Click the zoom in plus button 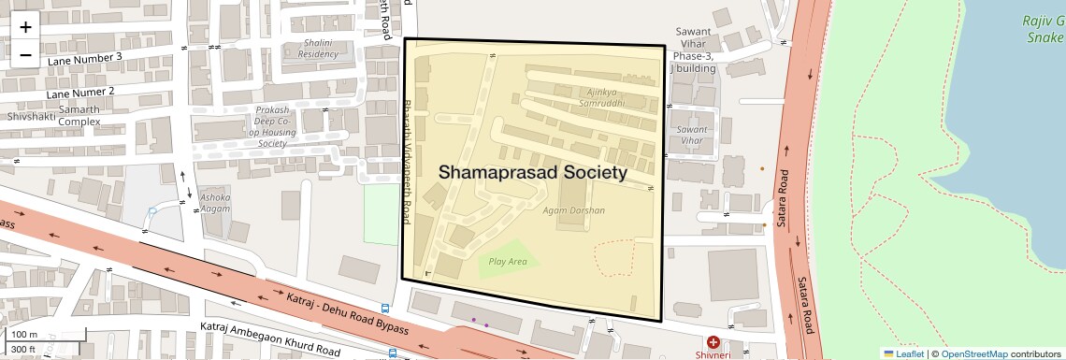25,26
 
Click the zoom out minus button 25,54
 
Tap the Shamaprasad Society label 532,173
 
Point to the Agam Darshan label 574,210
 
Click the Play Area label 508,262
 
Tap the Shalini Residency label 318,48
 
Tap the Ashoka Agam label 214,203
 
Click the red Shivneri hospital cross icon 713,343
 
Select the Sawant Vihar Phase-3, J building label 693,50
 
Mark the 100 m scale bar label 24,335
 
